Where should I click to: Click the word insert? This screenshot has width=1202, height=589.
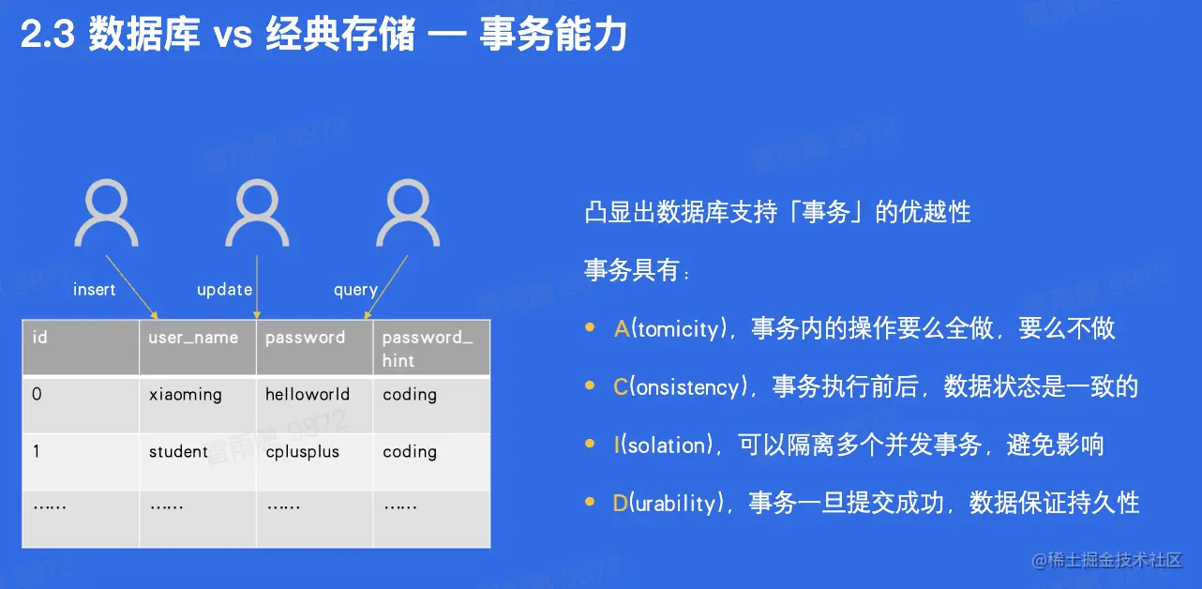pyautogui.click(x=95, y=290)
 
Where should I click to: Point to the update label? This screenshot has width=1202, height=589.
pyautogui.click(x=224, y=290)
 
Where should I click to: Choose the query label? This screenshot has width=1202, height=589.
pyautogui.click(x=355, y=291)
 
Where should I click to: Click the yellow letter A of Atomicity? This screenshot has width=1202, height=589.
pyautogui.click(x=622, y=328)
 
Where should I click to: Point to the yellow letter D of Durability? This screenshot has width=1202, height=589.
pyautogui.click(x=620, y=503)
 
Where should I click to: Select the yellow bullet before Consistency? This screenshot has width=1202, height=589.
pyautogui.click(x=590, y=385)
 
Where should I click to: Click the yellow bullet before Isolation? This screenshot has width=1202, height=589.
pyautogui.click(x=590, y=443)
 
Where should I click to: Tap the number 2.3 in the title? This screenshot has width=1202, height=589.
pyautogui.click(x=47, y=34)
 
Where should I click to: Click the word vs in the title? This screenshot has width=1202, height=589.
pyautogui.click(x=233, y=36)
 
